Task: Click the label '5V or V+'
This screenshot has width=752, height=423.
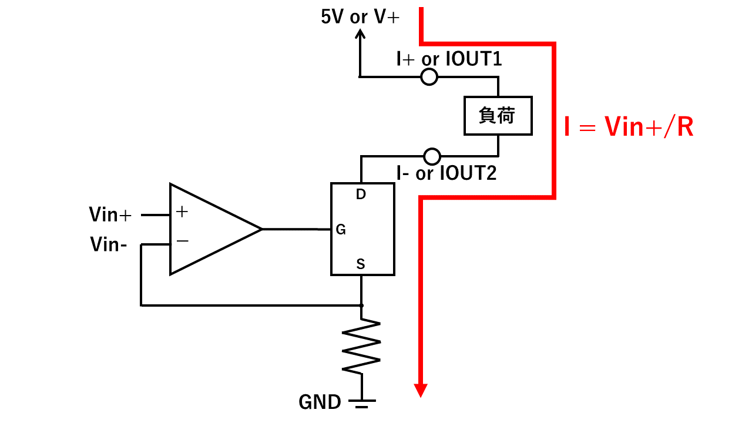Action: click(x=360, y=16)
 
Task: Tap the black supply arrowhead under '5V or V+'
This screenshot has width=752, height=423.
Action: click(x=360, y=33)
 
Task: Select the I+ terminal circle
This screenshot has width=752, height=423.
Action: click(x=429, y=77)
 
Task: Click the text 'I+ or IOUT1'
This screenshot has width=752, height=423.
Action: click(x=449, y=59)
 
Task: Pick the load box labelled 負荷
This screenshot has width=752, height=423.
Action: click(x=498, y=116)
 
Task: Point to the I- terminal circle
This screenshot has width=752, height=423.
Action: click(x=432, y=156)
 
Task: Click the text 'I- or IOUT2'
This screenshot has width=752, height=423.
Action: click(x=446, y=173)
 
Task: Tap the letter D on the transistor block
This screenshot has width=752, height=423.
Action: click(x=361, y=194)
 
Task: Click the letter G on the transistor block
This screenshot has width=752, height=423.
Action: click(x=341, y=230)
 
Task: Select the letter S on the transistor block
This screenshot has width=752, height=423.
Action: click(x=361, y=264)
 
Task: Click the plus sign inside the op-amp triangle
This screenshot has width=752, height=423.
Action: click(x=182, y=211)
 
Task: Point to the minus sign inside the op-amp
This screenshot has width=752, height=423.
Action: click(x=182, y=241)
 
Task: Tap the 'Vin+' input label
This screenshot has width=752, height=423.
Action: click(x=110, y=214)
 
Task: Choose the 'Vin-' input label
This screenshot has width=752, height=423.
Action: click(x=109, y=244)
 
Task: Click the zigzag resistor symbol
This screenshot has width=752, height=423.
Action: click(x=361, y=346)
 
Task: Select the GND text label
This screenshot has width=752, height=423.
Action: click(x=320, y=402)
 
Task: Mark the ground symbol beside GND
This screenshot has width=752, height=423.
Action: click(x=361, y=404)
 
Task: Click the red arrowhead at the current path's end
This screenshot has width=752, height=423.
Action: click(x=420, y=391)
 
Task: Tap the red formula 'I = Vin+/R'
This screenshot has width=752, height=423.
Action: click(x=629, y=127)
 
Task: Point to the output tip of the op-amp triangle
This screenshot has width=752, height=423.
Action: click(x=261, y=229)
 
